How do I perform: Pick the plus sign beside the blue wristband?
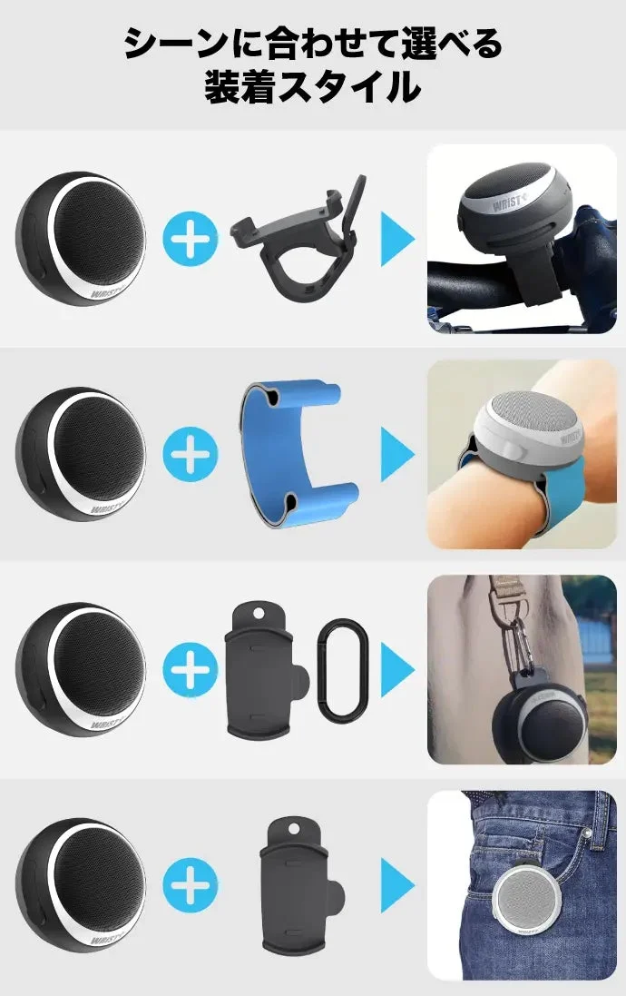coord(191,454)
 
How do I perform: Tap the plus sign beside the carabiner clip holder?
coord(191,669)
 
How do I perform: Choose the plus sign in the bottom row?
coord(191,884)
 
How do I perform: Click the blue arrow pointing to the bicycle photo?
coord(396,239)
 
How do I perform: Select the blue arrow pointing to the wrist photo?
coord(396,454)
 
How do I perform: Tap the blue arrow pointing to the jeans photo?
coord(396,885)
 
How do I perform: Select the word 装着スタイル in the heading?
coord(312,86)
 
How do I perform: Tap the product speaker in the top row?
coord(81,239)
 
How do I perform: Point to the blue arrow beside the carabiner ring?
coord(396,669)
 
